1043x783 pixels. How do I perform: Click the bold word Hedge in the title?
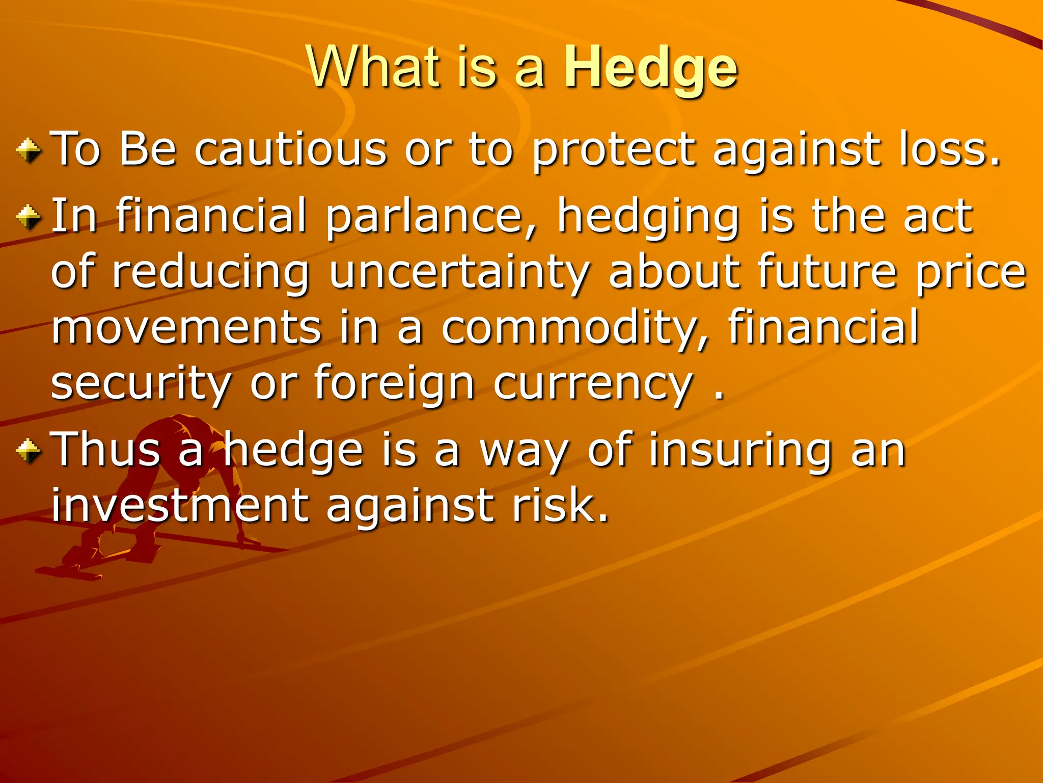[x=650, y=68]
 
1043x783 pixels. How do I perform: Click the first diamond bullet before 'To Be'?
[x=29, y=151]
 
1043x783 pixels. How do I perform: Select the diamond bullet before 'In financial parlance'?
[x=29, y=217]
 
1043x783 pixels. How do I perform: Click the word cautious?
[x=291, y=149]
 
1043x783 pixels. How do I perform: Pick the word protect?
[x=613, y=150]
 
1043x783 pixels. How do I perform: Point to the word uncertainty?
[x=459, y=273]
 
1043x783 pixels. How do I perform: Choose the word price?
[x=971, y=273]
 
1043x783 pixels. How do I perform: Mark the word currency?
[x=593, y=385]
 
